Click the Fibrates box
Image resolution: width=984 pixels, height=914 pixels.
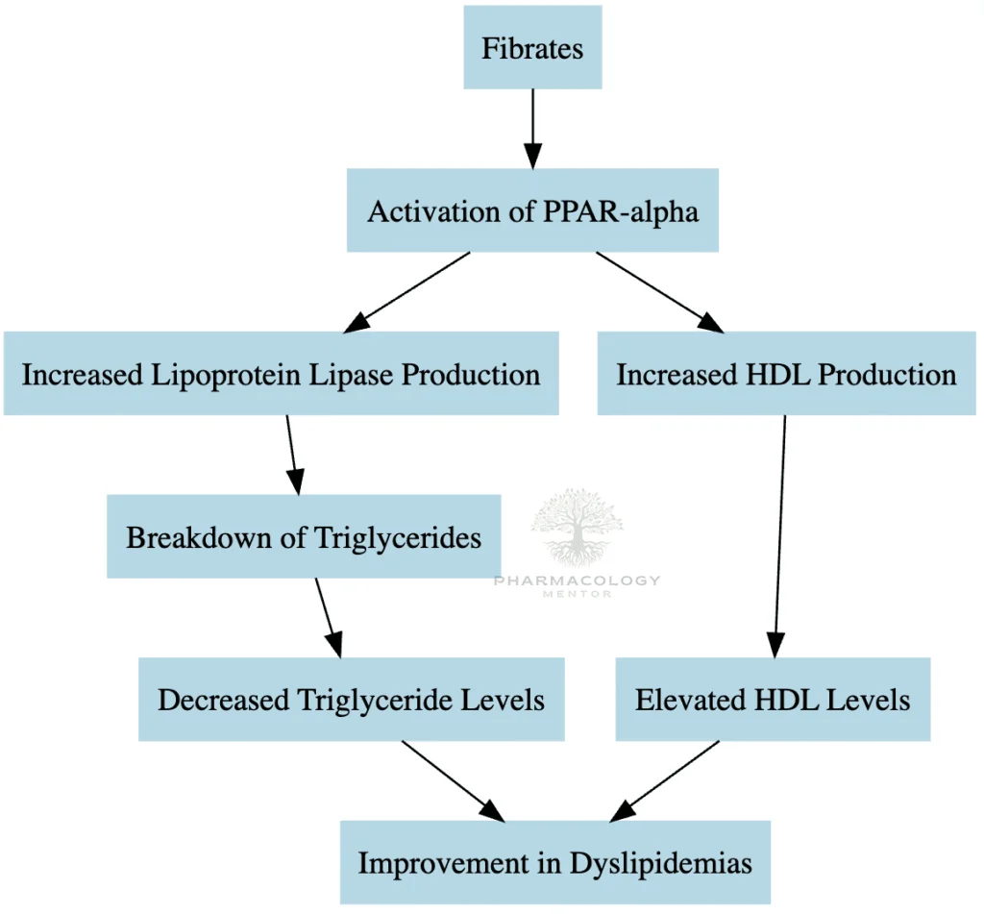tap(532, 48)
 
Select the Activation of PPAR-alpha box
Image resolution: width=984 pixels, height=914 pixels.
tap(532, 210)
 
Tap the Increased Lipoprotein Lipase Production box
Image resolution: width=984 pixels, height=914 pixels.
tap(281, 374)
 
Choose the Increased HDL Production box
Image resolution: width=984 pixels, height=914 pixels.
tap(786, 374)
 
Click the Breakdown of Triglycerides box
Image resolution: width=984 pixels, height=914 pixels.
tap(304, 536)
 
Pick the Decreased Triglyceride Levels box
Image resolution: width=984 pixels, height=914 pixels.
tap(351, 700)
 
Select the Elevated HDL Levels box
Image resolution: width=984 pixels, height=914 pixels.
tap(773, 700)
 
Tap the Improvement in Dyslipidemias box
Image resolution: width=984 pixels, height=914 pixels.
tap(554, 862)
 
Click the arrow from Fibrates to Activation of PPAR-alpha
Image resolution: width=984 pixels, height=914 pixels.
tap(532, 129)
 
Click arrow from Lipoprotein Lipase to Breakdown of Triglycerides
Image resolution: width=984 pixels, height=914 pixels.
tap(294, 455)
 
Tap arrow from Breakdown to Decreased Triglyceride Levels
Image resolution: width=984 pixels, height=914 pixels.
tap(327, 617)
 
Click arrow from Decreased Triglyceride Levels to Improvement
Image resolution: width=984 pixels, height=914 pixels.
tap(452, 780)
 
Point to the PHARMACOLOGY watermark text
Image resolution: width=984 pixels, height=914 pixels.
tap(578, 581)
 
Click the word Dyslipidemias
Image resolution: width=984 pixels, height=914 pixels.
tap(661, 863)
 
